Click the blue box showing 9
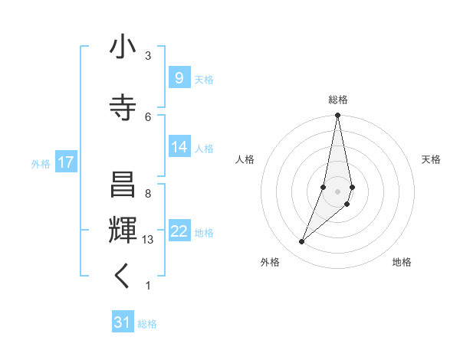179,78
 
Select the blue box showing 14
179,147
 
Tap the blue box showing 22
179,231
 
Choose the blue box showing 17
66,162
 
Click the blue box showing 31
123,322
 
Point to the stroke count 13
149,240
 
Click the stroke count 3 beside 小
148,56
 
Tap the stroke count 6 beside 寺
148,116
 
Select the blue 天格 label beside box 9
204,80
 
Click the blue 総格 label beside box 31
147,324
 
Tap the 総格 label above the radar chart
338,100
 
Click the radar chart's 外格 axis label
270,262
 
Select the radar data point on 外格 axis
301,241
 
